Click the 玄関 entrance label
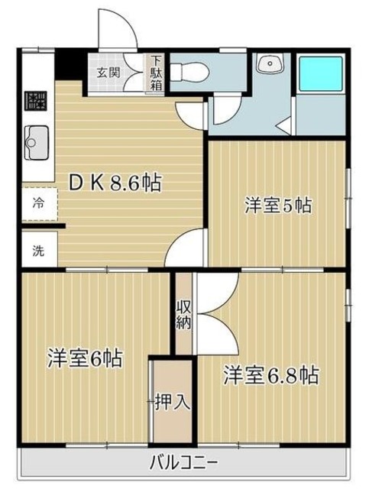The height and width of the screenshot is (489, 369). click(x=108, y=73)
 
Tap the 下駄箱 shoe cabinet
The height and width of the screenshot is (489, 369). click(x=156, y=73)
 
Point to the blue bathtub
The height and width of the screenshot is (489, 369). click(x=321, y=74)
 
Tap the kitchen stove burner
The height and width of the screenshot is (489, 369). click(x=36, y=100)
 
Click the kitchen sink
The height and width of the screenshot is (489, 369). click(x=36, y=141)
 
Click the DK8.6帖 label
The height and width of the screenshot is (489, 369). click(x=115, y=183)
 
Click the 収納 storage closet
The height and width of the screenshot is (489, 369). click(x=184, y=314)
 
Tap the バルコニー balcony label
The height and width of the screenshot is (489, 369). click(x=183, y=462)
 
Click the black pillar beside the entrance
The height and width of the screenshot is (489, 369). click(x=72, y=63)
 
